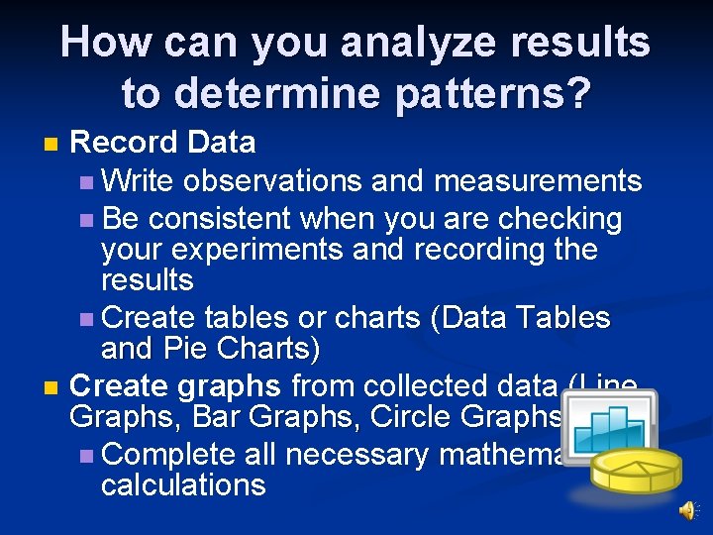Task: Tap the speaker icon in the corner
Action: (x=686, y=509)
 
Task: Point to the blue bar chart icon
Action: (x=616, y=428)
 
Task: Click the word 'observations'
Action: (x=273, y=181)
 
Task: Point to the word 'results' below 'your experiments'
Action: (x=147, y=280)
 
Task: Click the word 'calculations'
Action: (x=183, y=484)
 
